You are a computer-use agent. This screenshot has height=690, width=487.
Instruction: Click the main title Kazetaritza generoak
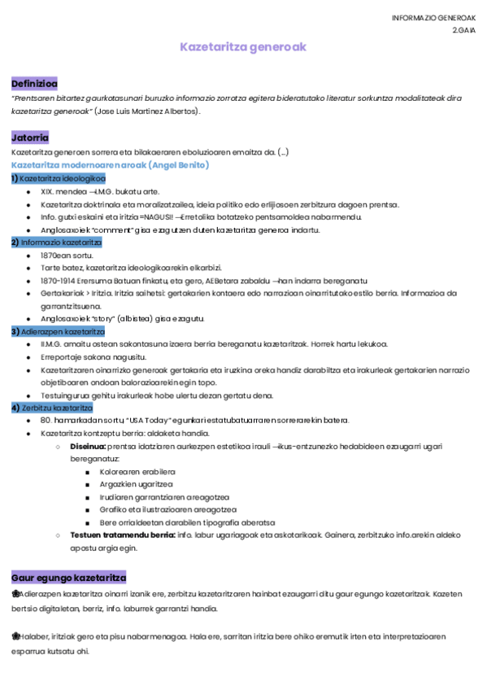[x=243, y=47]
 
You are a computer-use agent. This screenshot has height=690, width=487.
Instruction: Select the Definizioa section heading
[x=35, y=83]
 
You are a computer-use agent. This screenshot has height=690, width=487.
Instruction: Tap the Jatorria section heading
[x=30, y=138]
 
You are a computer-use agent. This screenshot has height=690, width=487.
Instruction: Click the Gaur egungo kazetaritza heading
[x=69, y=577]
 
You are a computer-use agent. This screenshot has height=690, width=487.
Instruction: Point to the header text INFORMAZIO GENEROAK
[x=433, y=18]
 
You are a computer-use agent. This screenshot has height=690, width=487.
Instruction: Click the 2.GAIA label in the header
[x=464, y=29]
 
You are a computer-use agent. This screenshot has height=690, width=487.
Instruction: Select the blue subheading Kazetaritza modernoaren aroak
[x=111, y=165]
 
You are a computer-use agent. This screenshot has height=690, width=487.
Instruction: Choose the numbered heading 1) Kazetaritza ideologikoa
[x=59, y=178]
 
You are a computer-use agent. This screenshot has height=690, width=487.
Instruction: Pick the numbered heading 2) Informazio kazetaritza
[x=56, y=242]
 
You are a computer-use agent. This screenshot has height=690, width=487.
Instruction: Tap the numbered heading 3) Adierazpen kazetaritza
[x=59, y=332]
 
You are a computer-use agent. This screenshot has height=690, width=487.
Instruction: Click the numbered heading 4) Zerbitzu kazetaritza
[x=53, y=407]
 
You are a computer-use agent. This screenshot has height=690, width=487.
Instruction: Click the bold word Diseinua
[x=88, y=446]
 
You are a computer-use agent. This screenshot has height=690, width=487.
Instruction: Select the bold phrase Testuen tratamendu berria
[x=123, y=535]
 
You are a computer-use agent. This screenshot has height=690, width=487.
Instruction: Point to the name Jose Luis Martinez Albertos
[x=146, y=111]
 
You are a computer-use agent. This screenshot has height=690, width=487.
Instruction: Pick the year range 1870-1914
[x=56, y=281]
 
